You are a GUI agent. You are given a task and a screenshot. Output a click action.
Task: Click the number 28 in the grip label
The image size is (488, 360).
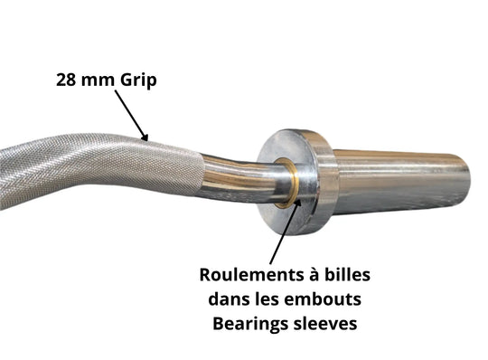point(69,80)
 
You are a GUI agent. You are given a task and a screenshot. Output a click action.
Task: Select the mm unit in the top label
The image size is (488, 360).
point(99,80)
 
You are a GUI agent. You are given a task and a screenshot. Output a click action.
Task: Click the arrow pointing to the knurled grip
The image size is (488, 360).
point(132,118)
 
